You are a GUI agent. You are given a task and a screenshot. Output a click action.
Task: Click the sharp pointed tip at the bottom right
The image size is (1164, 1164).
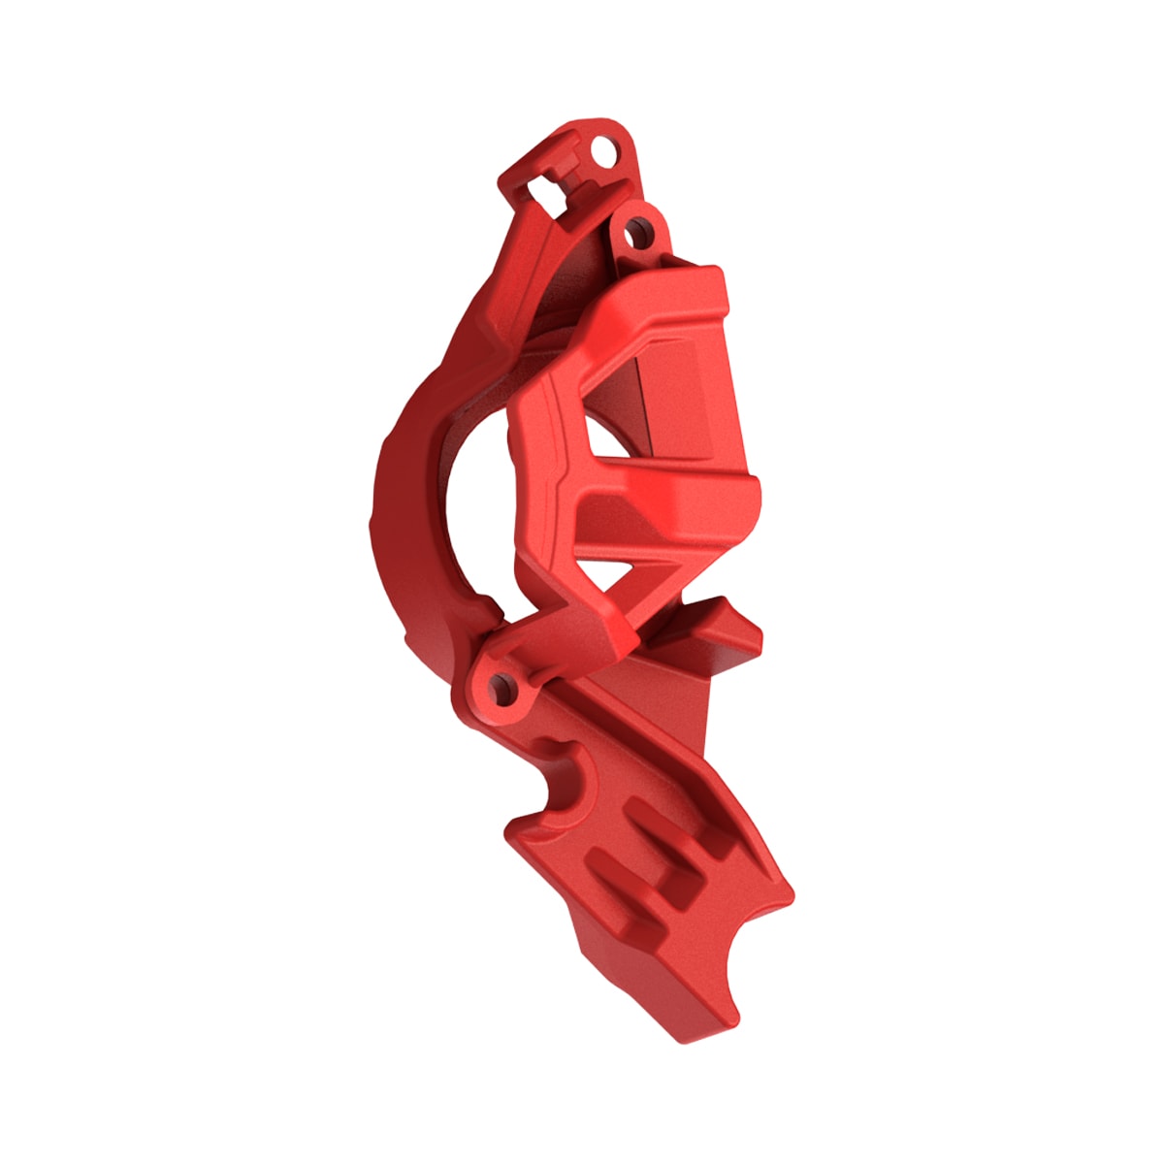point(791,892)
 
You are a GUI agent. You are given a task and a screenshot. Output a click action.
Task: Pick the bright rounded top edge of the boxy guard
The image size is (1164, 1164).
point(669,291)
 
